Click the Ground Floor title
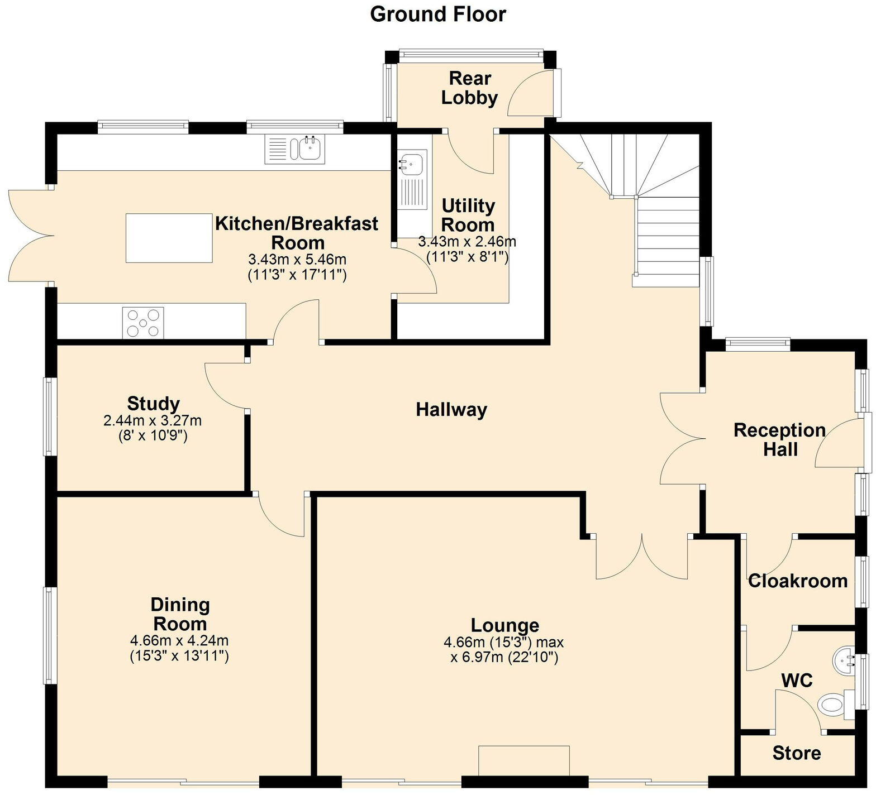tap(437, 15)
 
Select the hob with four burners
tap(143, 323)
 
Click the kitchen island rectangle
tap(169, 238)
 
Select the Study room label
tap(153, 403)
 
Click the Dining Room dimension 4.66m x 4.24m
tap(179, 640)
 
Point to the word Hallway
tap(451, 410)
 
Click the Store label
tap(796, 753)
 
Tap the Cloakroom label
tap(797, 581)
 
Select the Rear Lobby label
tap(469, 88)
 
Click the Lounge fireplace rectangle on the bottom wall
tap(523, 760)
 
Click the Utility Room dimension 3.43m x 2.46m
tap(467, 242)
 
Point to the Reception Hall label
tap(779, 439)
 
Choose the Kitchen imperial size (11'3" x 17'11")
tap(297, 275)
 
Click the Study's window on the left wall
tap(49, 416)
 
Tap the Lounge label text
tap(504, 625)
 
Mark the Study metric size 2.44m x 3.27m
tap(153, 420)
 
